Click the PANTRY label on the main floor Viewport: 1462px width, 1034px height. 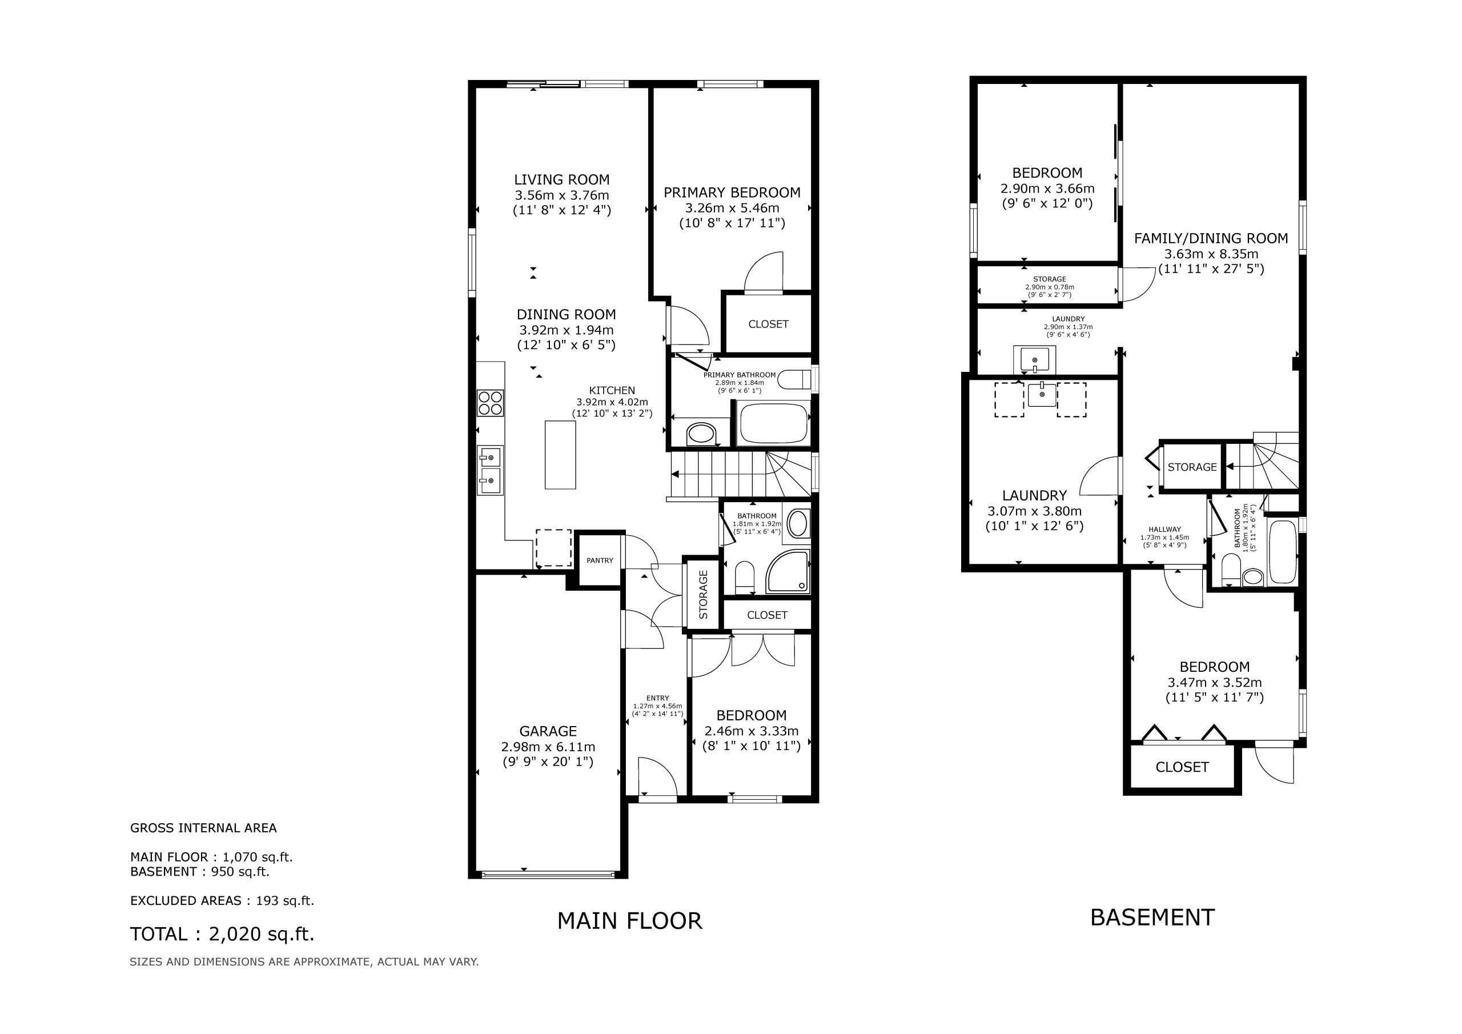(600, 560)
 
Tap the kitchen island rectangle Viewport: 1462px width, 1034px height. (560, 455)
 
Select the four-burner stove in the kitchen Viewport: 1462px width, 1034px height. (491, 403)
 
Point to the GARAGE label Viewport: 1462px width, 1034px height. (548, 731)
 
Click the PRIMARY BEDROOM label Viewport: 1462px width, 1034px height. (732, 193)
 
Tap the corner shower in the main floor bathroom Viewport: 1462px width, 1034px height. (788, 571)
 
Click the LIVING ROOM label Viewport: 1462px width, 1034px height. (561, 179)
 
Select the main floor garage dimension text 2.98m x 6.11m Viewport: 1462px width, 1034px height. (548, 747)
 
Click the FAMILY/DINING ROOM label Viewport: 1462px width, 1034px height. (1211, 238)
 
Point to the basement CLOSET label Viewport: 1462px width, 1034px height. (1182, 767)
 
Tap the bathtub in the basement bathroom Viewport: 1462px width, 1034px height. (1283, 552)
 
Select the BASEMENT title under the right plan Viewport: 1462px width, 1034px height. (1152, 917)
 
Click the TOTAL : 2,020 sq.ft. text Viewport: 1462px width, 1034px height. (222, 934)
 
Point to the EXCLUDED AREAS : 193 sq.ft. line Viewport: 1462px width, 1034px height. (222, 901)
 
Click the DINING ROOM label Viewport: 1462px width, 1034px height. (566, 314)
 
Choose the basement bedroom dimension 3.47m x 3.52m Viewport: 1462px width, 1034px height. (1214, 682)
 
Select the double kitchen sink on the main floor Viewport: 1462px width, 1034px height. (491, 470)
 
